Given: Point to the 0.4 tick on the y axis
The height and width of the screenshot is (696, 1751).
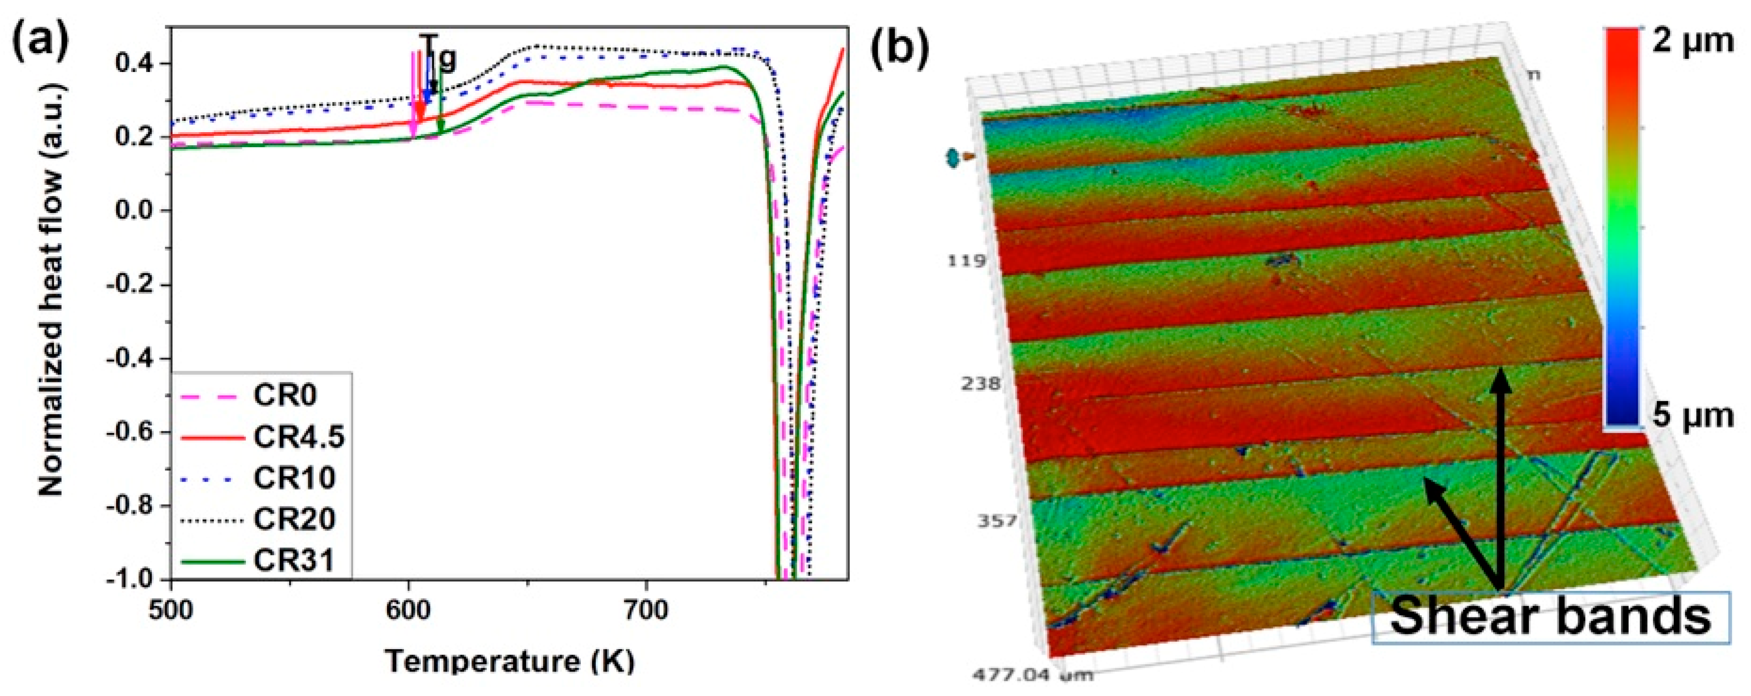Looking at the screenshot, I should point(135,64).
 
